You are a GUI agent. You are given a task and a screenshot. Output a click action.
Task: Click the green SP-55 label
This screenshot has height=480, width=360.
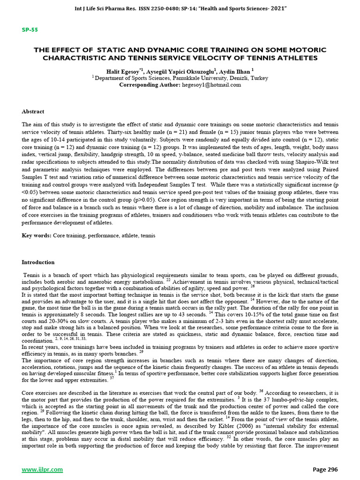pos(30,30)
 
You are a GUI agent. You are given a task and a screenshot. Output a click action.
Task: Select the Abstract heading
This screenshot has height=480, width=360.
pos(33,112)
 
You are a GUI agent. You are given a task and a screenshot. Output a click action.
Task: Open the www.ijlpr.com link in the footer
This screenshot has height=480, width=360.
pos(37,469)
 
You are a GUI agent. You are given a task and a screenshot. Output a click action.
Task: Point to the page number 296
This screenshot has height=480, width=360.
pos(331,469)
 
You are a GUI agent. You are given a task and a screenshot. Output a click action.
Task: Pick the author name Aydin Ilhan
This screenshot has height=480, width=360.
pos(236,71)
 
